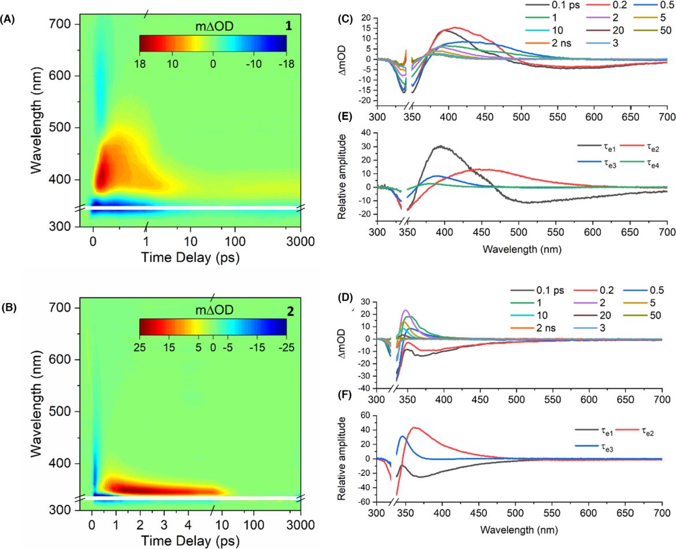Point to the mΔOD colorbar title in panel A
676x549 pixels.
[213, 27]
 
